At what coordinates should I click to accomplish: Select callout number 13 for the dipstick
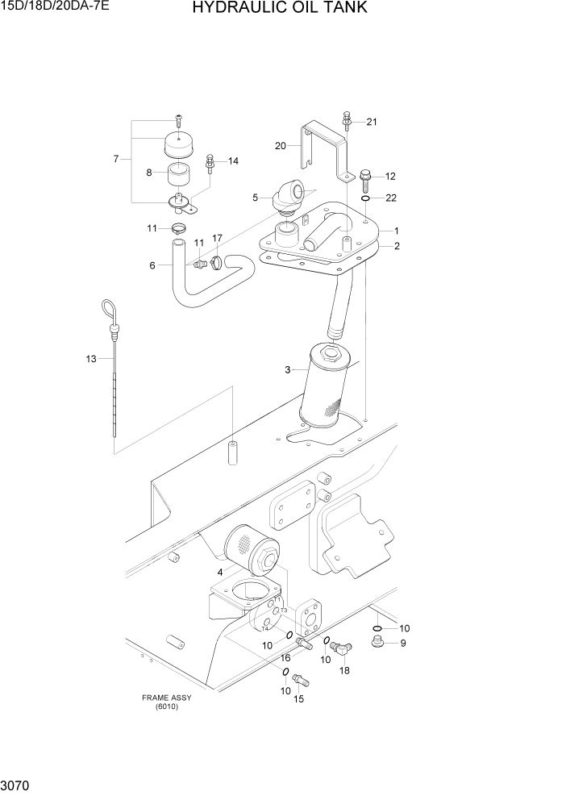[90, 358]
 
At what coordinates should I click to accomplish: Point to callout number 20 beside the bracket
[281, 146]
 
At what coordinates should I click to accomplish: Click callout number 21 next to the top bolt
[372, 122]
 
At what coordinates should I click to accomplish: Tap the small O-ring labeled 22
[366, 198]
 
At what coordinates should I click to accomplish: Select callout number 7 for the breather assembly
[117, 160]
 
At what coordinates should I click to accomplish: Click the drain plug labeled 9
[375, 643]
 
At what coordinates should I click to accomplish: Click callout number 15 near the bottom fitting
[299, 698]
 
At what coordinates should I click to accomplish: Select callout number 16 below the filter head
[285, 659]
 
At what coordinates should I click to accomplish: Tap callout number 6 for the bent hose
[152, 265]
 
